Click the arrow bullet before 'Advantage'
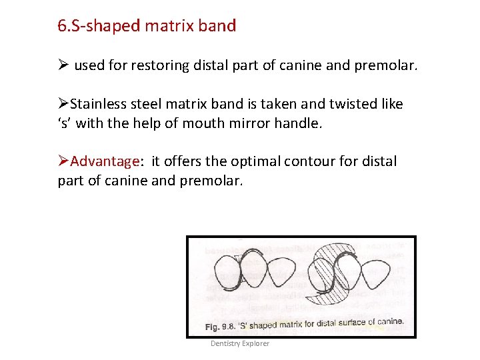[x=63, y=162]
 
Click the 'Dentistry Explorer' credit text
[x=240, y=343]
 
